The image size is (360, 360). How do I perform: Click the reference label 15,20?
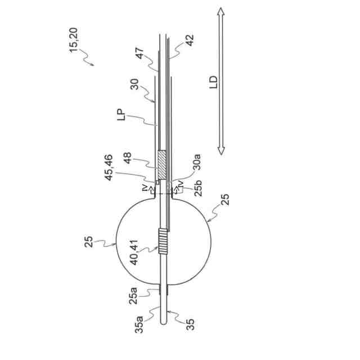(74, 40)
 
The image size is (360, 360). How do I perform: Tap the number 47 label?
(139, 53)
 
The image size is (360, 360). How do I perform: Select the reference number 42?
(190, 40)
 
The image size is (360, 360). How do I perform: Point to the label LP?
(121, 115)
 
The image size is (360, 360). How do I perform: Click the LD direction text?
(213, 82)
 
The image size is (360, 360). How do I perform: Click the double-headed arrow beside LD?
(221, 81)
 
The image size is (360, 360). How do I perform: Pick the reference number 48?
(128, 158)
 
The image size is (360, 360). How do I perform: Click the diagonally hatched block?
(163, 165)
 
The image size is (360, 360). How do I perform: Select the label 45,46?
(109, 168)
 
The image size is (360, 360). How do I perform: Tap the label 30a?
(196, 162)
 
